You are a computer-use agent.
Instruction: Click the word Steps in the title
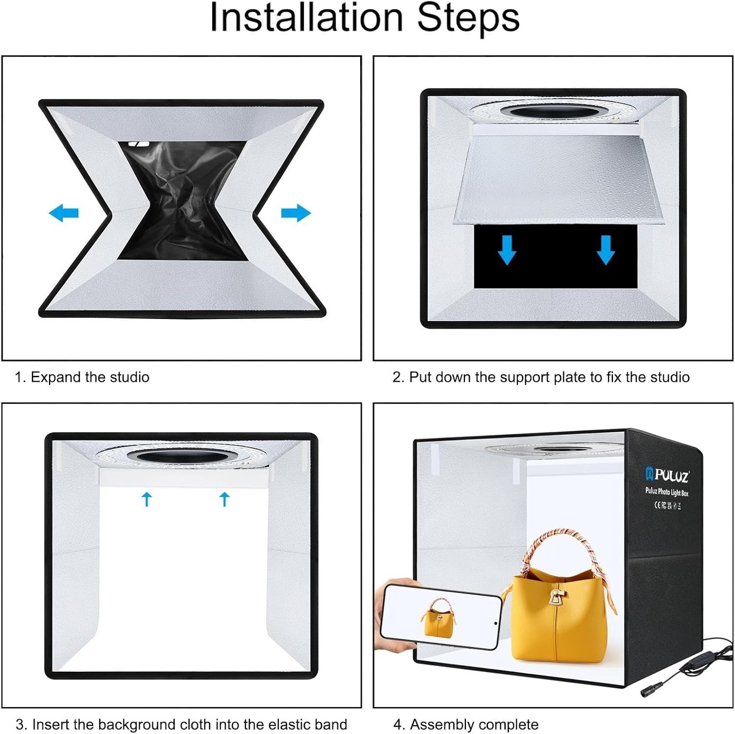click(x=467, y=18)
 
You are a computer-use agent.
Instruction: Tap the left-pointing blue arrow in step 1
click(x=64, y=213)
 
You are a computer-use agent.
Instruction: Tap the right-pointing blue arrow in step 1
click(x=296, y=213)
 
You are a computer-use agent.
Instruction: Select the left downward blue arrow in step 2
click(x=507, y=250)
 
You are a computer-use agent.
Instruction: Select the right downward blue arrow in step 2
click(x=606, y=250)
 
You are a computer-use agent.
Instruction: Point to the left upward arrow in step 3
click(x=147, y=499)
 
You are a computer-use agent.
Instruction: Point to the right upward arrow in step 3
click(x=224, y=499)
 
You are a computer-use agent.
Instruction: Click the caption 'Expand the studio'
click(x=90, y=377)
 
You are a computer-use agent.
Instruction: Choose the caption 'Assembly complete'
click(x=474, y=724)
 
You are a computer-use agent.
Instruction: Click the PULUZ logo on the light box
click(x=667, y=475)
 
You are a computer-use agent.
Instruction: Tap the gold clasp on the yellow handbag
click(x=556, y=596)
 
